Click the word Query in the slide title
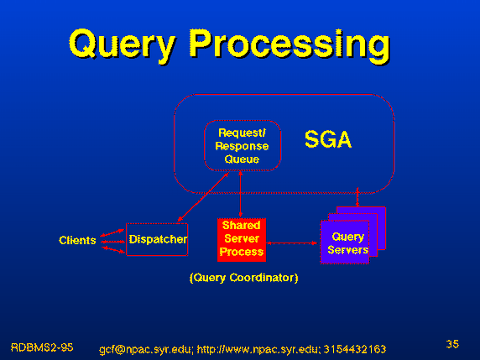[x=123, y=44]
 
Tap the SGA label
[x=328, y=139]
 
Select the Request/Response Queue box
[x=243, y=145]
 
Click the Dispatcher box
[x=157, y=239]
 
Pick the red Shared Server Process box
[x=242, y=240]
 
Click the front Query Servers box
[x=345, y=242]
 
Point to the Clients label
[x=77, y=240]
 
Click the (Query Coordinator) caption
[x=243, y=278]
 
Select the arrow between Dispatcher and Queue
[x=203, y=197]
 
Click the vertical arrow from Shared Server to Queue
[x=240, y=195]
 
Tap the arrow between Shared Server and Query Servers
[x=292, y=243]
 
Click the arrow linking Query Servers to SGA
[x=357, y=197]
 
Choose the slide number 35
[x=452, y=344]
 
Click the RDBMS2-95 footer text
[x=42, y=347]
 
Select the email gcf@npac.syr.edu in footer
[x=146, y=349]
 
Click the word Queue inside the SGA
[x=242, y=159]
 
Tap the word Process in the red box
[x=242, y=252]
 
